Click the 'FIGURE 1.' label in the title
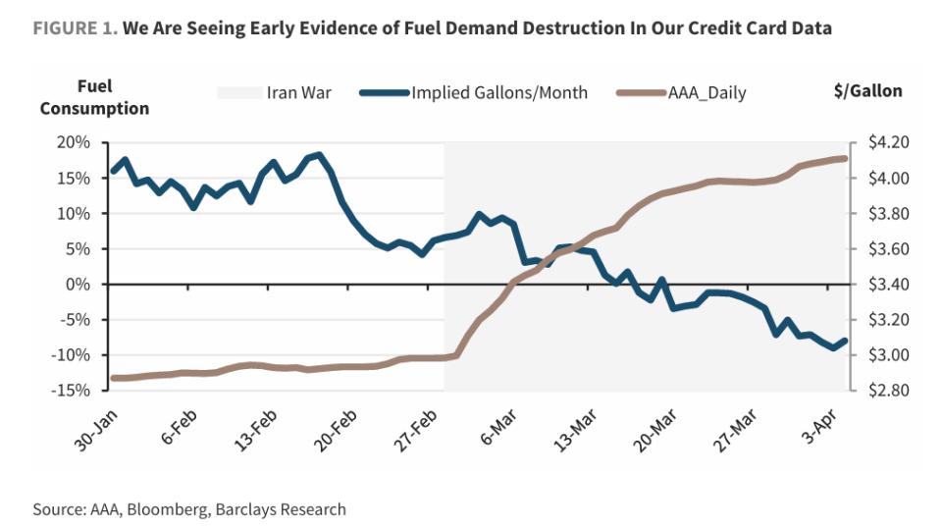75,28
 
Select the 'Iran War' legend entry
298,93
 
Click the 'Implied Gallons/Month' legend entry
499,93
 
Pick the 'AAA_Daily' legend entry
706,93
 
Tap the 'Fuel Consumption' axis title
94,98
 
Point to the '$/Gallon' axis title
866,91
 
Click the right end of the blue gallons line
845,340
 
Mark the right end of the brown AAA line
845,158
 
